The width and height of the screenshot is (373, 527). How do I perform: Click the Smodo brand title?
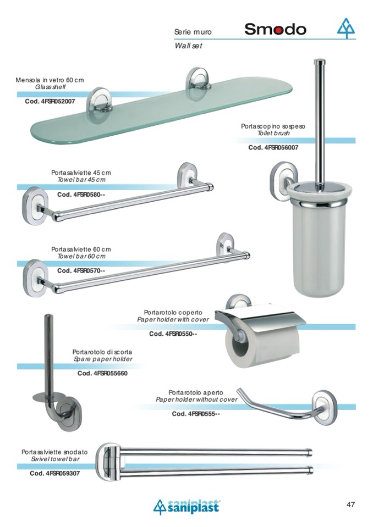pyautogui.click(x=275, y=29)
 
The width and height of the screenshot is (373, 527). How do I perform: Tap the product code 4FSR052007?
pyautogui.click(x=50, y=101)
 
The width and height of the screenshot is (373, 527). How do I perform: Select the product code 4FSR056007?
pyautogui.click(x=273, y=147)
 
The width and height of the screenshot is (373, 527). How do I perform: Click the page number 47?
pyautogui.click(x=350, y=504)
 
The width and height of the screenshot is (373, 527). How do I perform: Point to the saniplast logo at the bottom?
pyautogui.click(x=186, y=507)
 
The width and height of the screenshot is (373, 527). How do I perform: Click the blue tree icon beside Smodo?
pyautogui.click(x=346, y=28)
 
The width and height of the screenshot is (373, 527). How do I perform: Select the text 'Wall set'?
pyautogui.click(x=188, y=46)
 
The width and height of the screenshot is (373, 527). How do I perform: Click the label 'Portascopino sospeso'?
pyautogui.click(x=273, y=126)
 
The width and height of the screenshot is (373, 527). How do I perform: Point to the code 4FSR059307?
pyautogui.click(x=55, y=473)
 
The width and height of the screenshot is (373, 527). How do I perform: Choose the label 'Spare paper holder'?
pyautogui.click(x=103, y=359)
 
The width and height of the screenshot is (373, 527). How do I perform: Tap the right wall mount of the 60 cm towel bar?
pyautogui.click(x=225, y=245)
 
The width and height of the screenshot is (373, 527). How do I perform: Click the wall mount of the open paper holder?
pyautogui.click(x=325, y=407)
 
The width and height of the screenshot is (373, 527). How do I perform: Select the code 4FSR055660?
pyautogui.click(x=102, y=373)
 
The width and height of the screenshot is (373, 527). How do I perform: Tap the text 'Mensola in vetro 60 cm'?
pyautogui.click(x=50, y=80)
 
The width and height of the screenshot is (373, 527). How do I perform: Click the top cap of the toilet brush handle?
pyautogui.click(x=320, y=62)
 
